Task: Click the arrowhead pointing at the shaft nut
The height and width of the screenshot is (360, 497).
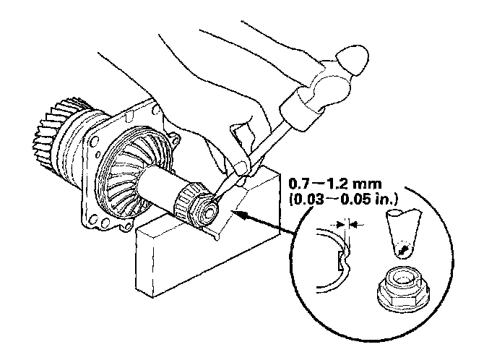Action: [x=240, y=214]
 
